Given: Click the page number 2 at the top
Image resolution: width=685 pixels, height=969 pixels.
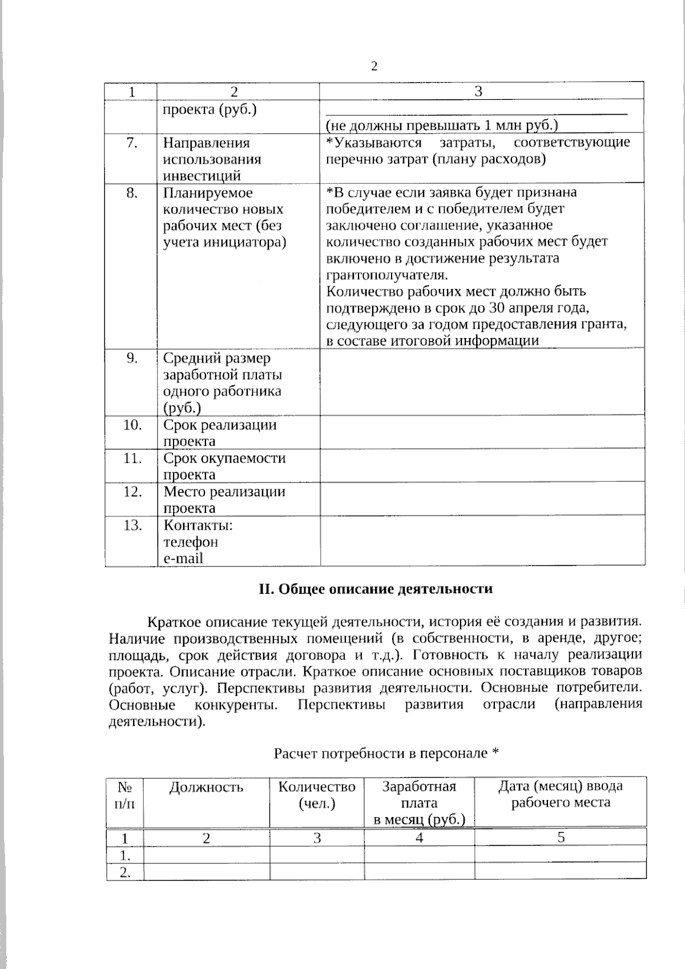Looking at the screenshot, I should [374, 67].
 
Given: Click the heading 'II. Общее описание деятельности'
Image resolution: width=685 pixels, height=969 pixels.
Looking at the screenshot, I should [376, 589].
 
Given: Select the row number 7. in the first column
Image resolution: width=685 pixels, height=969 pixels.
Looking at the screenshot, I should [132, 143].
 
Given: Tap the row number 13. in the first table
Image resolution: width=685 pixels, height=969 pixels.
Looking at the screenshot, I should [132, 525].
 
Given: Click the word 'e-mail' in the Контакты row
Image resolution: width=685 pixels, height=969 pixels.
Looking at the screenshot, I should [183, 558].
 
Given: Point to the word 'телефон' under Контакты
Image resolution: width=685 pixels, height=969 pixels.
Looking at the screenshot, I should [191, 541].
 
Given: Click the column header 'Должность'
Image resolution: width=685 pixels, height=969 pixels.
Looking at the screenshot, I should [206, 787].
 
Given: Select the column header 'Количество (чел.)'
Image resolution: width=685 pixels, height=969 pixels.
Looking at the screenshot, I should [317, 795].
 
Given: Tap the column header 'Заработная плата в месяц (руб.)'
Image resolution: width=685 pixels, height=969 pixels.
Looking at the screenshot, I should [419, 803].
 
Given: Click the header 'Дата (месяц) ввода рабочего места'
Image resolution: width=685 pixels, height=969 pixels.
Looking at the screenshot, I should [560, 794].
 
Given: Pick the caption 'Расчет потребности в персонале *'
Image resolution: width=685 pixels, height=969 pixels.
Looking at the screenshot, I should [386, 754].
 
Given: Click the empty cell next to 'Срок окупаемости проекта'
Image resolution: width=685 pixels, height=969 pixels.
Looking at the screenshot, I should [482, 466].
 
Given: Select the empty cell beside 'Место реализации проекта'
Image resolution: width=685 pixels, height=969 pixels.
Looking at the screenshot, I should [482, 500].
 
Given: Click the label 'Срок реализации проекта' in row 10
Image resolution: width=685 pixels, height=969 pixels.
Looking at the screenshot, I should [219, 433].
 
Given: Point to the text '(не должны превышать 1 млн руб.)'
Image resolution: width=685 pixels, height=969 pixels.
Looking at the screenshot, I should [441, 126].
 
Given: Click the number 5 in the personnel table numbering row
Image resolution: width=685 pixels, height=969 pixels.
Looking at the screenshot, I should [561, 837].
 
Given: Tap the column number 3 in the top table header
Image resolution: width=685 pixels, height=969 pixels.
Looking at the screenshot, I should [478, 91].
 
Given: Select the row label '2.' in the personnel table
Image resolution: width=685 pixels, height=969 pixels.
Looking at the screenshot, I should [124, 872].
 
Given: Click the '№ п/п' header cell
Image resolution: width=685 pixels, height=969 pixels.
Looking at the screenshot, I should [125, 795].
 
